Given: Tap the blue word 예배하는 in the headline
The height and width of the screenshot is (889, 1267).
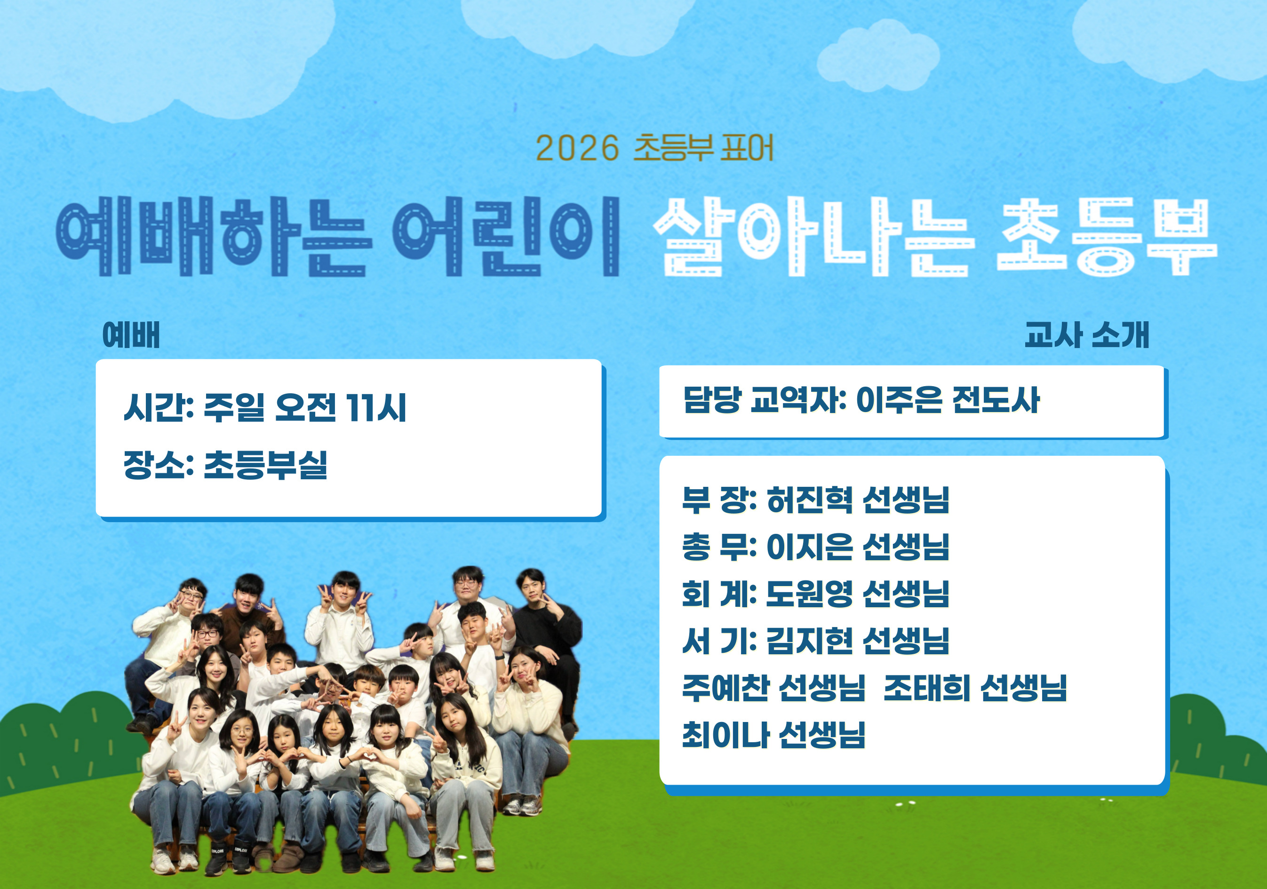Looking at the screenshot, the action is coord(214,236).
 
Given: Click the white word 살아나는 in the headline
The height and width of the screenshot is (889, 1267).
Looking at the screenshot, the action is coord(814,236).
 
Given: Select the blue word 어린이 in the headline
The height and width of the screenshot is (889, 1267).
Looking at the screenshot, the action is coord(506,236).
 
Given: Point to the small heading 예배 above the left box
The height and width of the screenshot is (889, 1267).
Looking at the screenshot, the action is coord(131,335).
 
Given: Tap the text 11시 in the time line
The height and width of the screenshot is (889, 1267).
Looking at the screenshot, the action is coord(376,407).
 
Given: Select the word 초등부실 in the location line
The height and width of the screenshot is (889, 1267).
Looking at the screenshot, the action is coord(266,465).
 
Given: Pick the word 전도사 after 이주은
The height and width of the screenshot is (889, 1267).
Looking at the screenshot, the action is coord(996,400).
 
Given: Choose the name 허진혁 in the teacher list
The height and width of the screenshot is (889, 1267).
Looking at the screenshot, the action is coord(810,500).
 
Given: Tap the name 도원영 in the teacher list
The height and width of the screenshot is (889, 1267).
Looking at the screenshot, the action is coord(810,594).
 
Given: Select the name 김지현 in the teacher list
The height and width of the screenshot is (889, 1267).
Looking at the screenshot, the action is coord(810,641).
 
